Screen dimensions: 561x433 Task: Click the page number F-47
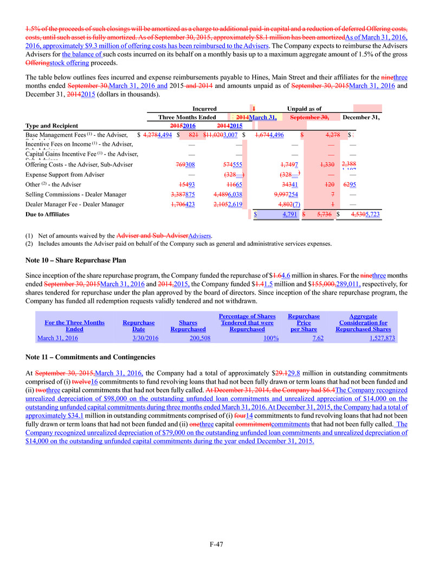[x=216, y=544]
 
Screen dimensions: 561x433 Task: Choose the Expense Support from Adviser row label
[x=65, y=175]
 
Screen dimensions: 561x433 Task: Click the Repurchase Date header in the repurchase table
[x=138, y=326]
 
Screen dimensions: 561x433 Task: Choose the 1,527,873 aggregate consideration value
[x=379, y=338]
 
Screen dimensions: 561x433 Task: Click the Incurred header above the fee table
[x=204, y=109]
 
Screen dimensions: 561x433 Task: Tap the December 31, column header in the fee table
[x=361, y=117]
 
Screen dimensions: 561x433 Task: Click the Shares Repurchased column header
[x=188, y=326]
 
